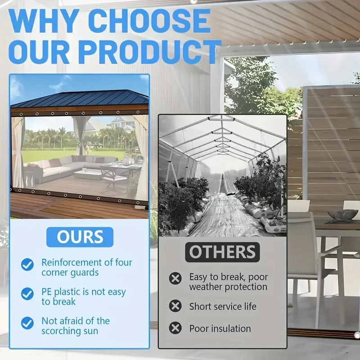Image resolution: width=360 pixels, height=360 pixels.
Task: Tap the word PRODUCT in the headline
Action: point(149,52)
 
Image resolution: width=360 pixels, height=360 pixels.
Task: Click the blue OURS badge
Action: point(80,237)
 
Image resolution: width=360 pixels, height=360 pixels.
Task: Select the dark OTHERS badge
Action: point(222,252)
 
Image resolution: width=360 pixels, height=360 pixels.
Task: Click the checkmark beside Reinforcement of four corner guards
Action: point(27,265)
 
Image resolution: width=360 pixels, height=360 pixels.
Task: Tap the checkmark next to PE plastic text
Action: point(27,294)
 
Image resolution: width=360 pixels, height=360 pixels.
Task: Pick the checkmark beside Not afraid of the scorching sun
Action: point(27,323)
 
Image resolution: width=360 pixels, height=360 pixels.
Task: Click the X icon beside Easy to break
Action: point(175,279)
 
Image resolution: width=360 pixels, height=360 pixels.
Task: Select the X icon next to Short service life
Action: point(175,306)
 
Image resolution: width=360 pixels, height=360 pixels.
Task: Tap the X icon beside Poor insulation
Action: point(175,328)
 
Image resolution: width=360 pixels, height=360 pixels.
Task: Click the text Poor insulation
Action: point(220,328)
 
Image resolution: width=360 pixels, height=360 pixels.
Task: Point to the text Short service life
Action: point(223,306)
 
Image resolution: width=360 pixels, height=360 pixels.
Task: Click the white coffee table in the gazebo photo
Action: point(88,175)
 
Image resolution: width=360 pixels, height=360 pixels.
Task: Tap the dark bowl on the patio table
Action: point(343,215)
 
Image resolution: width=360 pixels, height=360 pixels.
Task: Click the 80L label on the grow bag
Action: point(169,234)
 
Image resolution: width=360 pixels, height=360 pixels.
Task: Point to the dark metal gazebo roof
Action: point(80,99)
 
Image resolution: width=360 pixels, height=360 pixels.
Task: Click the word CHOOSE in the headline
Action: point(149,21)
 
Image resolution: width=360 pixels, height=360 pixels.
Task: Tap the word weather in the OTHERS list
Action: point(206,287)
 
